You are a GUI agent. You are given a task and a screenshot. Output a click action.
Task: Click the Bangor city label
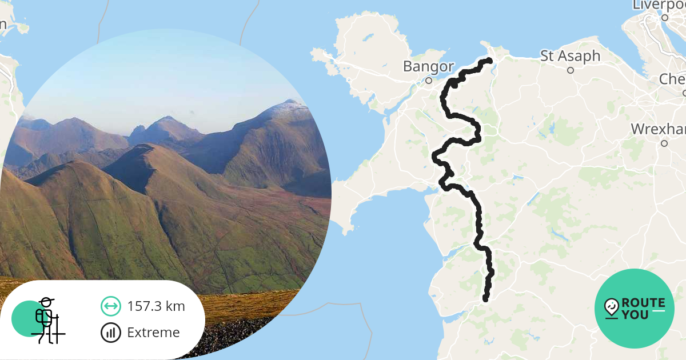point(428,66)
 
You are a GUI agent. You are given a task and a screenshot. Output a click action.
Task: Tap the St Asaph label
point(570,56)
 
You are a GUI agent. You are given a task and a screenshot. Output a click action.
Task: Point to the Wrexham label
point(658,129)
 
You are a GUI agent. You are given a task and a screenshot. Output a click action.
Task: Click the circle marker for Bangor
point(429,81)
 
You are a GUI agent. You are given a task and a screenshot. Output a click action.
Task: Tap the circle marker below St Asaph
point(570,70)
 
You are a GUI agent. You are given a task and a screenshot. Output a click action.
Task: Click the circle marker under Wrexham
point(664,143)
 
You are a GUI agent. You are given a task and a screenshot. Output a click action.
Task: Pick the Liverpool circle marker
point(665,18)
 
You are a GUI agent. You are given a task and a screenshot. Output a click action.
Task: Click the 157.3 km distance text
point(156,306)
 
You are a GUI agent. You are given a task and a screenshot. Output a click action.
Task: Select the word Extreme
point(153,333)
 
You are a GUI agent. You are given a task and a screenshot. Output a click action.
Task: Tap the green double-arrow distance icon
point(110,306)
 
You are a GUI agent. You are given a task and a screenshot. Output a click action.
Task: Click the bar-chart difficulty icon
point(110,333)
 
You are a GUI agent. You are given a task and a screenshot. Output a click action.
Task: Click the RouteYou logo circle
point(635,309)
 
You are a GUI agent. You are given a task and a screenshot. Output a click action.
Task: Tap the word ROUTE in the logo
point(643,303)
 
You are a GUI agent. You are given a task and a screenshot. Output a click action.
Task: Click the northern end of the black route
point(489,61)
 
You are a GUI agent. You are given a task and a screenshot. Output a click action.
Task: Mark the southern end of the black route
point(486,299)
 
